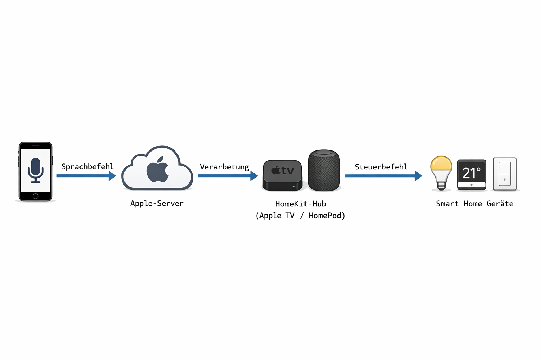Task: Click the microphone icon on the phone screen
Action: [x=36, y=170]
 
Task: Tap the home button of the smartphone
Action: [x=36, y=196]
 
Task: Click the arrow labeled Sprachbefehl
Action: [x=86, y=176]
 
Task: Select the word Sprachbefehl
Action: [x=88, y=167]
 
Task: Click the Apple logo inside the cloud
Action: [x=157, y=170]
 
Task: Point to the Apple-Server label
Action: [x=157, y=204]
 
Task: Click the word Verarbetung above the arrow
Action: [x=224, y=167]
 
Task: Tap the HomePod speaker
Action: [x=324, y=171]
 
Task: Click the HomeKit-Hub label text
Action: [x=301, y=204]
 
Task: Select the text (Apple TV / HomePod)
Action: [x=300, y=216]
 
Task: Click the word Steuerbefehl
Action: [x=381, y=167]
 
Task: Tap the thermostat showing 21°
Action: [x=471, y=174]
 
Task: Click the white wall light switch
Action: [x=504, y=174]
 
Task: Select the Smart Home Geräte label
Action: [x=475, y=204]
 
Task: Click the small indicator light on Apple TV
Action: [x=294, y=187]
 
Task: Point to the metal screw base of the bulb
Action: [x=441, y=185]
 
